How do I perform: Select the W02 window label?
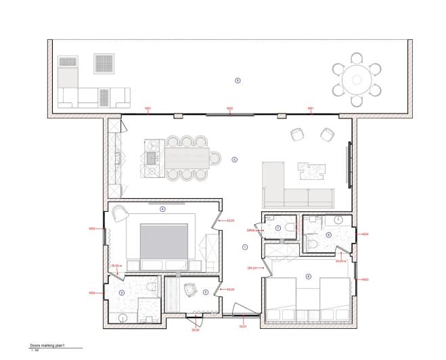(229, 109)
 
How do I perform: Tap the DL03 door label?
(230, 221)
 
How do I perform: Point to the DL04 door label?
(231, 290)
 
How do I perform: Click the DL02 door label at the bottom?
(196, 330)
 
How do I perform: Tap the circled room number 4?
(162, 209)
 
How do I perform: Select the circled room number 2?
(205, 292)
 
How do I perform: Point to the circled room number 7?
(278, 227)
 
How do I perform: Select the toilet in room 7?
(290, 228)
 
